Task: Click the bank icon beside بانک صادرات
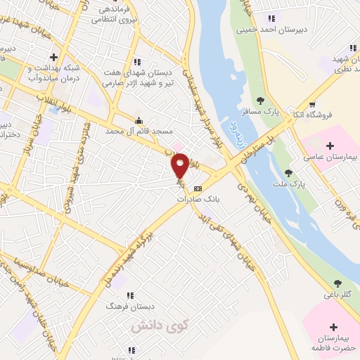click(197, 188)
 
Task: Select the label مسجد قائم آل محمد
click(139, 131)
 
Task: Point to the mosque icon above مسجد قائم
click(139, 120)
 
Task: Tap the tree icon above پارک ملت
click(288, 172)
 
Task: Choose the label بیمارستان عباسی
click(327, 158)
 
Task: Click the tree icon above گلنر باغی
click(338, 283)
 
